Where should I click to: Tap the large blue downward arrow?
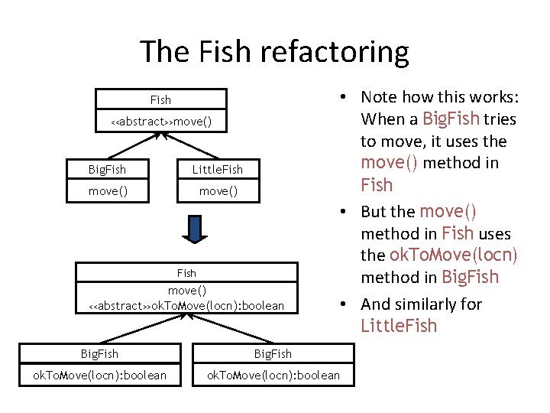pos(196,230)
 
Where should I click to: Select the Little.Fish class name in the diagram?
pos(218,169)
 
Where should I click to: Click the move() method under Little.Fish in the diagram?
pos(218,191)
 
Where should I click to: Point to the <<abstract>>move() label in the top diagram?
pos(160,122)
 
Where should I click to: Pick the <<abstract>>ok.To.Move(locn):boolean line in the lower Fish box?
pos(186,306)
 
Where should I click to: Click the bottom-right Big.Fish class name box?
pos(273,353)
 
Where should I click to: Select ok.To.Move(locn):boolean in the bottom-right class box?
pos(273,375)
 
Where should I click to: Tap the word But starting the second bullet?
pos(376,212)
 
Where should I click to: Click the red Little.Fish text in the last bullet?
pos(399,326)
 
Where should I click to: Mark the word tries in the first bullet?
pos(500,119)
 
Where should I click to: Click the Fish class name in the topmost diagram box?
pos(160,100)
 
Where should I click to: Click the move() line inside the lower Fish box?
pos(186,290)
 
